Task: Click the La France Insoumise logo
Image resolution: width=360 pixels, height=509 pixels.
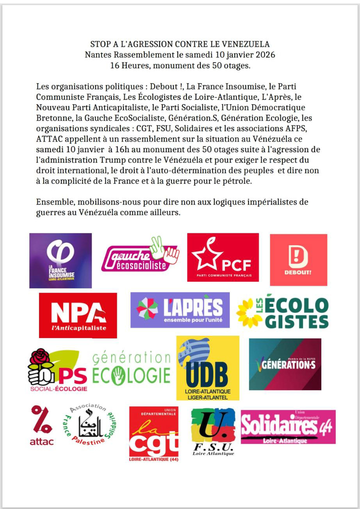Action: pos(61,260)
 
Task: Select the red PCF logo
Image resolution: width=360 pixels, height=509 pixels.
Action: pos(223,257)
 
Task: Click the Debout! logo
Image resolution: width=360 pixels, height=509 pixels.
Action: pos(298,260)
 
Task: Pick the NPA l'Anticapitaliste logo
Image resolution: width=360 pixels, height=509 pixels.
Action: pos(78,315)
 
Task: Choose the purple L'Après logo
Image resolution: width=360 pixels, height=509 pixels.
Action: pos(180,310)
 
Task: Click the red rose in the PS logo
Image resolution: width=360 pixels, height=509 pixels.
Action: pos(41,359)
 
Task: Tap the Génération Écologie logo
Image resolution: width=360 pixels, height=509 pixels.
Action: pos(132,368)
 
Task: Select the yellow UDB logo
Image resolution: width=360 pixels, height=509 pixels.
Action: pos(208,368)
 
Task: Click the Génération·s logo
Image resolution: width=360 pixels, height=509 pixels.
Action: pos(285,364)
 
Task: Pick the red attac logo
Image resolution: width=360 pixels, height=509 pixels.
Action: pos(42,425)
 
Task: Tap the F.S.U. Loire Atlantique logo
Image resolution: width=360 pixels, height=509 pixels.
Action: pos(213,431)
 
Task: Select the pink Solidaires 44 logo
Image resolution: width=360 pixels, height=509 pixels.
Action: pos(288,427)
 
